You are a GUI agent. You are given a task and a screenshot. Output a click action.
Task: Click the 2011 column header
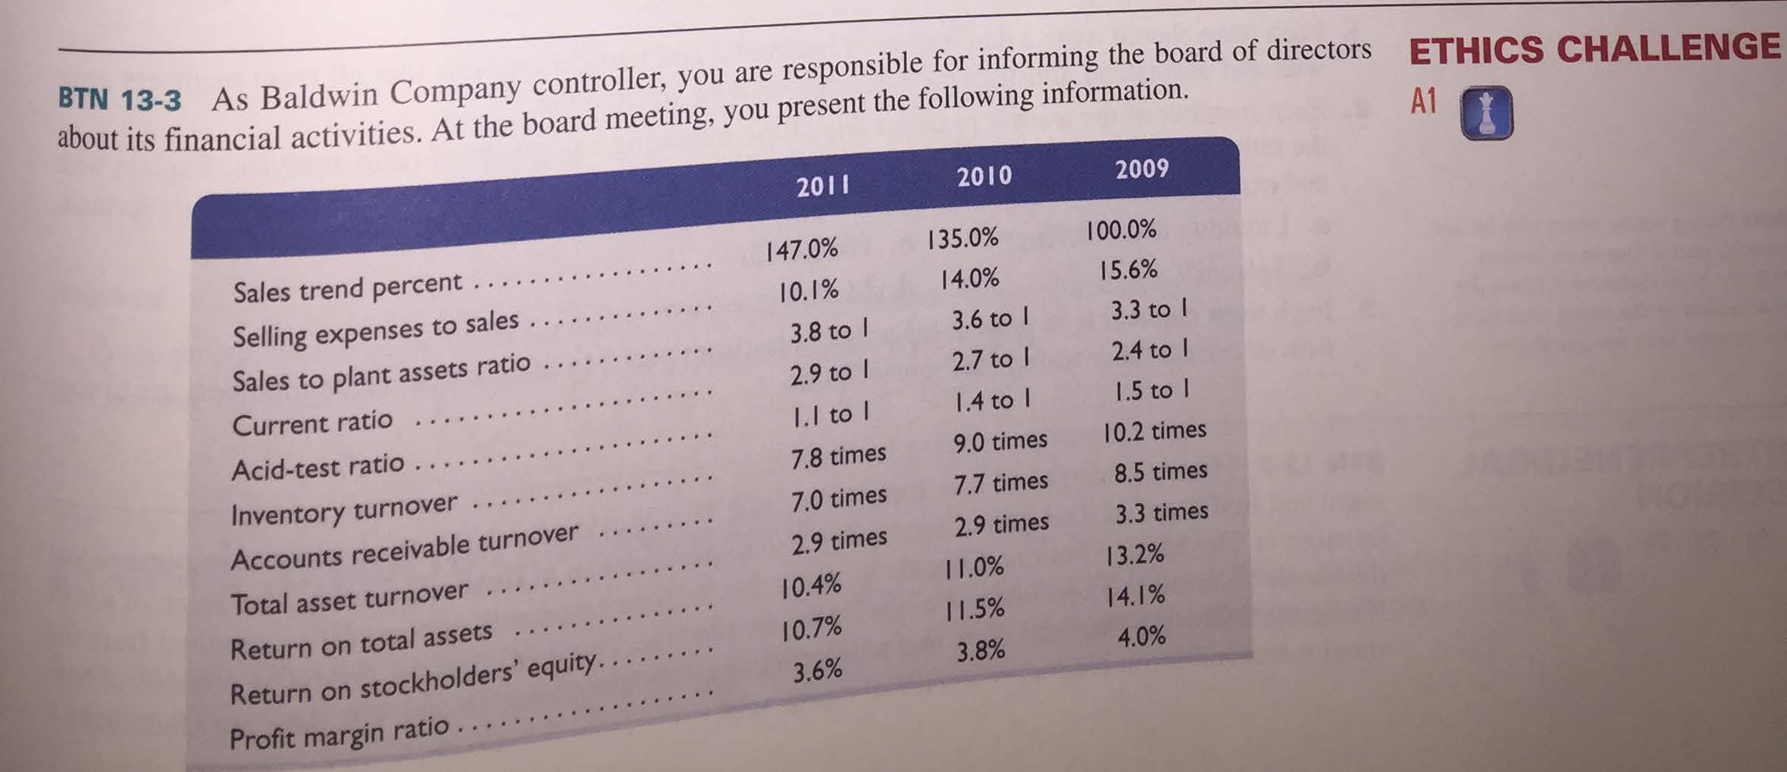coord(822,186)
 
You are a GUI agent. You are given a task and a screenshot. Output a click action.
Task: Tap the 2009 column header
coord(1141,168)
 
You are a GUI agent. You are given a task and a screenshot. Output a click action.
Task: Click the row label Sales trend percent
coord(347,287)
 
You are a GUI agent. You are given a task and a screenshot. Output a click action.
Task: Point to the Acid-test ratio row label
coord(318,467)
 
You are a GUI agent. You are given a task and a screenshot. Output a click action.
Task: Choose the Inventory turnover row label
coord(344,510)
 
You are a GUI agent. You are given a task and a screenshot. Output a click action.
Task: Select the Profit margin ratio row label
coord(339,733)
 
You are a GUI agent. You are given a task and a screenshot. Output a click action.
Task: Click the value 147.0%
coord(802,249)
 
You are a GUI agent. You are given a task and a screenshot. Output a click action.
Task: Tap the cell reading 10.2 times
coord(1154,431)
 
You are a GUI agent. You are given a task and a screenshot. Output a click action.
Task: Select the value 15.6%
coord(1128,270)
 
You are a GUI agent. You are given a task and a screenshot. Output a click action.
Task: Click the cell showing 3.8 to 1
coord(828,331)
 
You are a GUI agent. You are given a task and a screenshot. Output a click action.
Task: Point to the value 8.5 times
coord(1160,472)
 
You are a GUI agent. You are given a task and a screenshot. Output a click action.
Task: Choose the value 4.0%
coord(1141,636)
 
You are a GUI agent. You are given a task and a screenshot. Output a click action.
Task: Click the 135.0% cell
coord(962,239)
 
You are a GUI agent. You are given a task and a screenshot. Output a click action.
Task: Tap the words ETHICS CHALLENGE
coord(1594,49)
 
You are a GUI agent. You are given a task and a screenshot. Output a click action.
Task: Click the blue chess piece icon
coord(1486,113)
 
